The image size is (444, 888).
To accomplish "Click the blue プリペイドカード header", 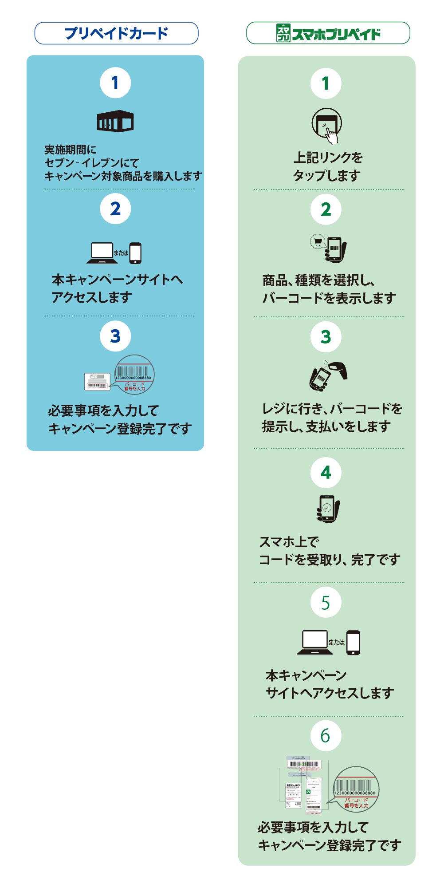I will [116, 33].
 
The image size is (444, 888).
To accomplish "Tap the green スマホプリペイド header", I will [328, 33].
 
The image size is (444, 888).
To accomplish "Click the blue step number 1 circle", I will [115, 83].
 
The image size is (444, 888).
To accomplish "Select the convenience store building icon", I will [115, 121].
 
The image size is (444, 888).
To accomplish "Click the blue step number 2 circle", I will [115, 209].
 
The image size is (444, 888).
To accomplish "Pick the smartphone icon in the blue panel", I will [135, 253].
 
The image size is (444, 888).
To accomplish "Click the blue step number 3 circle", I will [115, 336].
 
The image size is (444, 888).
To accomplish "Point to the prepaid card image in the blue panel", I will [97, 382].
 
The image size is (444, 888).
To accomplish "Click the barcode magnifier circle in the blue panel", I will [134, 375].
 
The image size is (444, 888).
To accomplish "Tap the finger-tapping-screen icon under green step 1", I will [326, 126].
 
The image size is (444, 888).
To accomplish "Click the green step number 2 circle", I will [326, 209].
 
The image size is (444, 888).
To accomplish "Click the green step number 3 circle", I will [326, 337].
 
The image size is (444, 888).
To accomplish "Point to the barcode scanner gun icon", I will [339, 369].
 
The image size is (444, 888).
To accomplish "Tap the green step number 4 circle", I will [326, 472].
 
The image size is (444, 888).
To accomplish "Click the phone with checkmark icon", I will [328, 509].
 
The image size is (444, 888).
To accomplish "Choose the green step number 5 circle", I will [326, 603].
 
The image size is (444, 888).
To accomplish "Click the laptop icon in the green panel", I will [315, 642].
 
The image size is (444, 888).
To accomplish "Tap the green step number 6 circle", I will [326, 736].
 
